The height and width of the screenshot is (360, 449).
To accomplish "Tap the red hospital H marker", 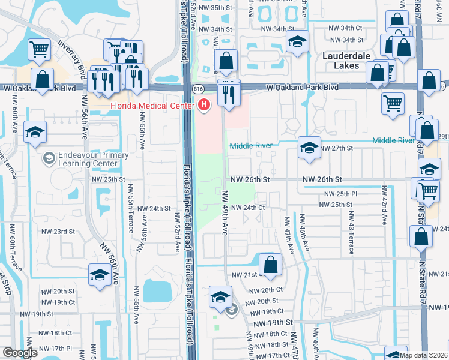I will coord(204,106).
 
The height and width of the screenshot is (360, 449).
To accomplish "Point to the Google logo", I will coord(20,353).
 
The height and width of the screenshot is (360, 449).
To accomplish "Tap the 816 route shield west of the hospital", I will coord(198,88).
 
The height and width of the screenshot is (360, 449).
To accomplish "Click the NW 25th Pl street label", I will coord(341,194).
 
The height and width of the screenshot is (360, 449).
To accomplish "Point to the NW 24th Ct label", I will coord(248,208).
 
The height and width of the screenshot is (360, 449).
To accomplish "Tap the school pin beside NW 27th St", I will coord(309,148).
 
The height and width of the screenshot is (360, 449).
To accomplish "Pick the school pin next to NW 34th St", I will coord(297,41).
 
